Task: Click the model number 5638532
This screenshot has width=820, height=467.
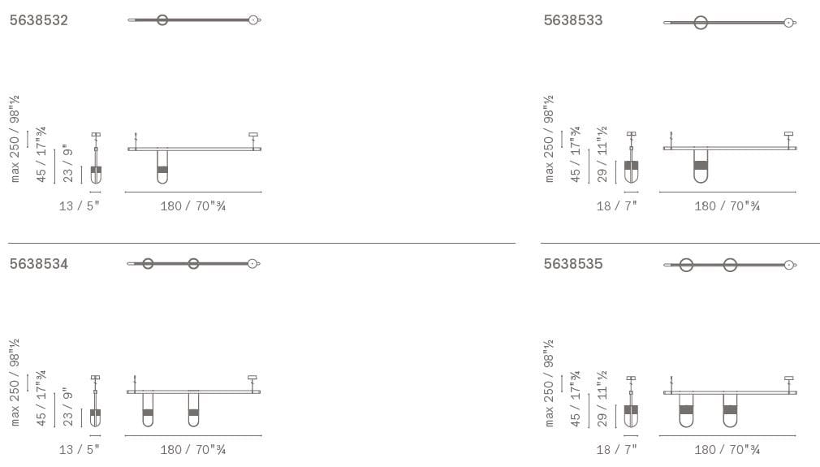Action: pyautogui.click(x=39, y=20)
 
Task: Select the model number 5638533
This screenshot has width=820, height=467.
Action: pyautogui.click(x=573, y=20)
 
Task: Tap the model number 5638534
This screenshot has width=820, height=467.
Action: pyautogui.click(x=39, y=264)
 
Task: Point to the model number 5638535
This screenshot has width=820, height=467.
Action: pyautogui.click(x=573, y=264)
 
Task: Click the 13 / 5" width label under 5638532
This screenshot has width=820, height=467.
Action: pyautogui.click(x=79, y=206)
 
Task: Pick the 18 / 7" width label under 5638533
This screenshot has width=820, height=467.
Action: pyautogui.click(x=616, y=206)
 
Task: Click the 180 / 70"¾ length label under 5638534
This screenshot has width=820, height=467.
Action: pyautogui.click(x=193, y=450)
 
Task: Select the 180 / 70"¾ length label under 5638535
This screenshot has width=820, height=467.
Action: pyautogui.click(x=727, y=450)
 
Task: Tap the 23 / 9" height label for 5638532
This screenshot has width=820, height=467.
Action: pyautogui.click(x=68, y=164)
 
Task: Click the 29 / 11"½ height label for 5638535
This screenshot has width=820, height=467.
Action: pyautogui.click(x=602, y=399)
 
